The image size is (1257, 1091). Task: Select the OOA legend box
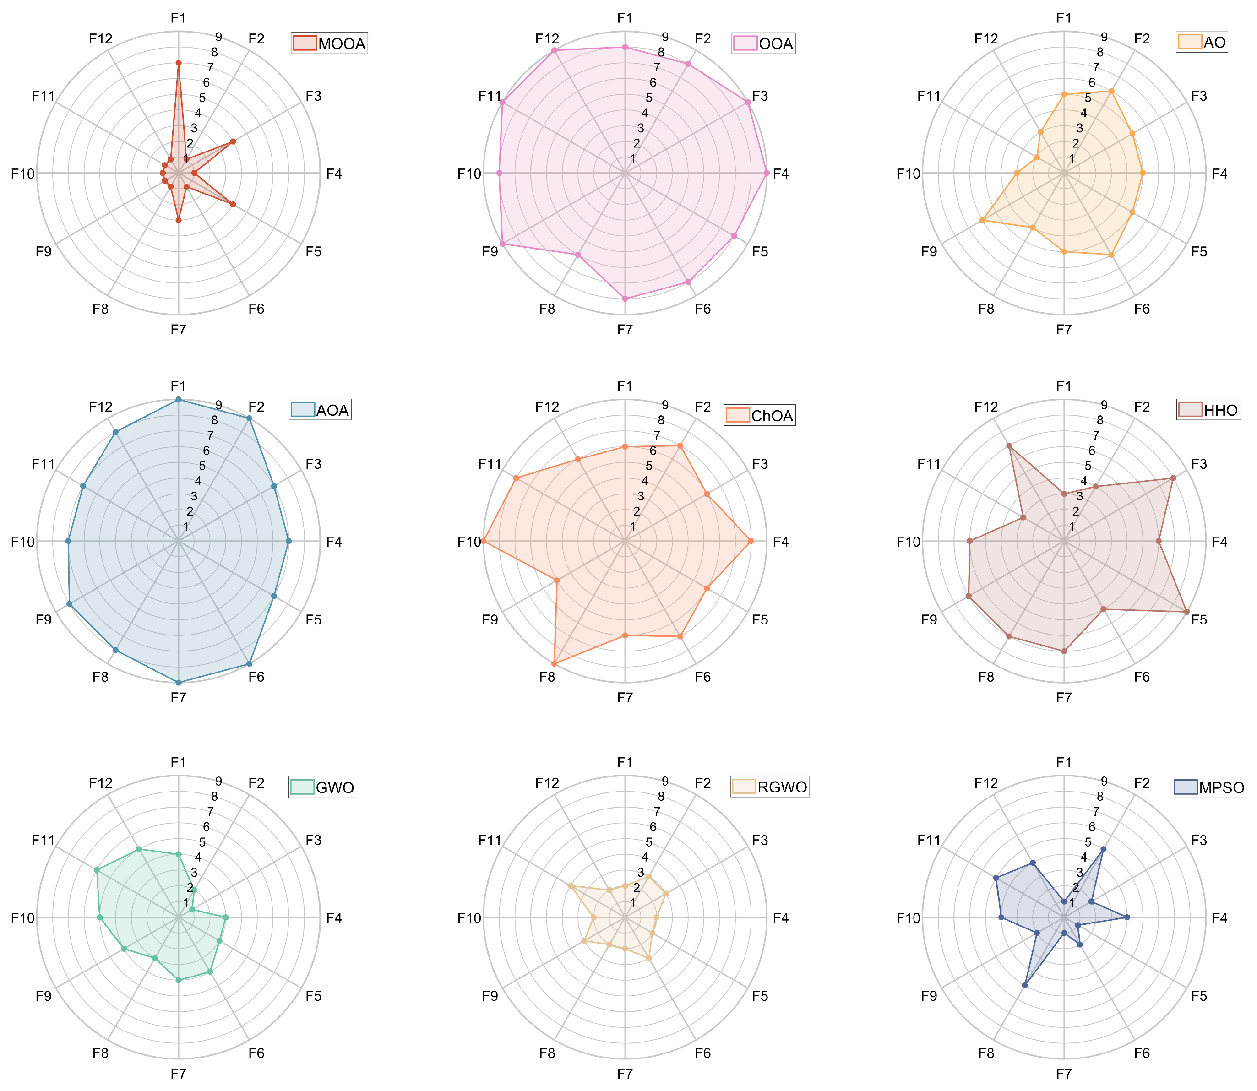[764, 44]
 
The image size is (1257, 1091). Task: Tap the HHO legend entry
[1208, 410]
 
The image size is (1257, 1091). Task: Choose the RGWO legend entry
[770, 787]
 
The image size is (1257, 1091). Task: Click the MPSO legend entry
[1209, 787]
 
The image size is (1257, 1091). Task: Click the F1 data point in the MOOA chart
[179, 63]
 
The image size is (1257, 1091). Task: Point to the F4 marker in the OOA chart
[767, 174]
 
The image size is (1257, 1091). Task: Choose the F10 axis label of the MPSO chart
[908, 918]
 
